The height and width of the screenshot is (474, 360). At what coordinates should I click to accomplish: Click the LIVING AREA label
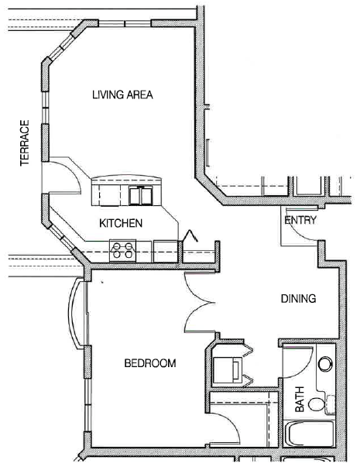tap(122, 96)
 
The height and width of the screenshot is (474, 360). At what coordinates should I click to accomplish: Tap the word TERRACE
tap(25, 143)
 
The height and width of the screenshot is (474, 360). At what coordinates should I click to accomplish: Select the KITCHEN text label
tap(120, 223)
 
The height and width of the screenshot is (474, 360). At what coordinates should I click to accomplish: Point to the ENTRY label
tap(300, 221)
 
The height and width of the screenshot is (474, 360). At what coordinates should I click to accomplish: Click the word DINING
tap(298, 299)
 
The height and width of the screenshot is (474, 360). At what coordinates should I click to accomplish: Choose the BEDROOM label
tap(150, 363)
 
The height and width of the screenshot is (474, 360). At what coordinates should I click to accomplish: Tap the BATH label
tap(300, 404)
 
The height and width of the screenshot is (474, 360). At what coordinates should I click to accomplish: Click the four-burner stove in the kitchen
tap(123, 250)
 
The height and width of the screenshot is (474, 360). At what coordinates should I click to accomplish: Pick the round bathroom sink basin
tap(325, 362)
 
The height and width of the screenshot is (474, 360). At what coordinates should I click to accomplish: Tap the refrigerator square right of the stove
tap(165, 250)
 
